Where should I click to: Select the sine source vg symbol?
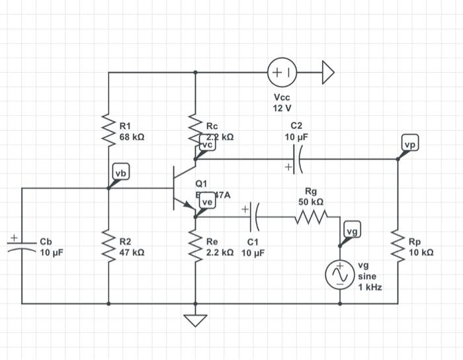pos(341,273)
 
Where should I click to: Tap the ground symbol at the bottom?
pos(194,320)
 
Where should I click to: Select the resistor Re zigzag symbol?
pos(194,246)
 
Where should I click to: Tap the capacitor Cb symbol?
pos(21,246)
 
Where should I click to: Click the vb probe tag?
pos(121,173)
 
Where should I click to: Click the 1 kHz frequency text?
pos(370,287)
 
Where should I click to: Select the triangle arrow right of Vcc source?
pos(328,72)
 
